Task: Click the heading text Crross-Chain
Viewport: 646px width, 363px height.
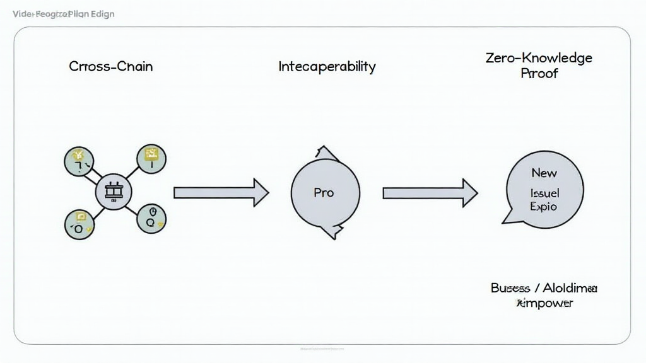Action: (111, 66)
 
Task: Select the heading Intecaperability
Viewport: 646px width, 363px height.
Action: (327, 66)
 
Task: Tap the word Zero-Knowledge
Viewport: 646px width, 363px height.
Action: (539, 58)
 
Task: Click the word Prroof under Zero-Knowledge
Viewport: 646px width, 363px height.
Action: (539, 73)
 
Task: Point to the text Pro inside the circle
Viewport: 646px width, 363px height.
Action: (324, 192)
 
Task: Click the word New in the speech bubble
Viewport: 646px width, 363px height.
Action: (544, 173)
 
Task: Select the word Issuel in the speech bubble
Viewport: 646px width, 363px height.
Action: (545, 193)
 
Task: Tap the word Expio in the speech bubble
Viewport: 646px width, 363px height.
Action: (544, 207)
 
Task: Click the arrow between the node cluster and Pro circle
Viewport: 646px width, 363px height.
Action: (221, 193)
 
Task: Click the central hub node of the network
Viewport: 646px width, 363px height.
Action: (114, 192)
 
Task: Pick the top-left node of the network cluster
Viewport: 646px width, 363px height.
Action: (79, 160)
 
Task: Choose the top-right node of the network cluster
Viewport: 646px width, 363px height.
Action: (151, 159)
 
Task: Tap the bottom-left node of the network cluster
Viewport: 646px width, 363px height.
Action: (79, 224)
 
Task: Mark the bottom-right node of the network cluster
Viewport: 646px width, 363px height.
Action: (151, 218)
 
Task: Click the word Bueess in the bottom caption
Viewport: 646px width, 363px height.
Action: (510, 288)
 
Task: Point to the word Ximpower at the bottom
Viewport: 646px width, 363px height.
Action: (544, 303)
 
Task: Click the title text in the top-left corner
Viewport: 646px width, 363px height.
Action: (64, 14)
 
